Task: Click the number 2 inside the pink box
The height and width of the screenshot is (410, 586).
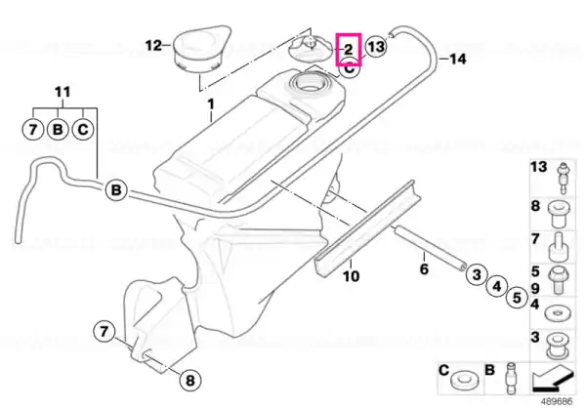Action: point(348,49)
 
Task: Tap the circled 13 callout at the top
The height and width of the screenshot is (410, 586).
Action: point(376,47)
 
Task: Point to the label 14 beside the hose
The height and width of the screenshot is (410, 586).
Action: point(458,59)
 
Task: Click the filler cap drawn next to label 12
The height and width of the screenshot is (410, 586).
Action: point(201,48)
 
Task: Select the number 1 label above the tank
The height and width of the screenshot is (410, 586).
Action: point(211,104)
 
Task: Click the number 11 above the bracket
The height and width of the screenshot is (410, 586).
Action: point(63,92)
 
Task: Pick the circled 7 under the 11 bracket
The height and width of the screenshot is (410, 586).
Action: point(33,129)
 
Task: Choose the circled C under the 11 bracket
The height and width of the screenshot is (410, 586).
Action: point(83,129)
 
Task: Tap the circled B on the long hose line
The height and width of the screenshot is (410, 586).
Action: point(116,190)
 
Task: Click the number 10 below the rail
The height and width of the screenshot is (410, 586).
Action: point(351,276)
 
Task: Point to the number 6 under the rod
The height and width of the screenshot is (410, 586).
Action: point(424,268)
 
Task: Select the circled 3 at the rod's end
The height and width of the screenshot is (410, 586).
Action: point(477,275)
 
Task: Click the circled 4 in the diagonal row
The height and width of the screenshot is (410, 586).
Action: point(497,286)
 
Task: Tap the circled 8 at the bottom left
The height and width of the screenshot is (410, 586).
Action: point(190,381)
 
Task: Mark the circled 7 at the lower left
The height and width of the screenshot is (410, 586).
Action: point(104,331)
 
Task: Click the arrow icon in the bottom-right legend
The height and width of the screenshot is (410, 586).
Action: point(553,378)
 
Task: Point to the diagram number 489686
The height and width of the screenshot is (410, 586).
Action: point(557,402)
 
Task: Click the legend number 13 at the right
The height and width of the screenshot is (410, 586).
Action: point(538,167)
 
